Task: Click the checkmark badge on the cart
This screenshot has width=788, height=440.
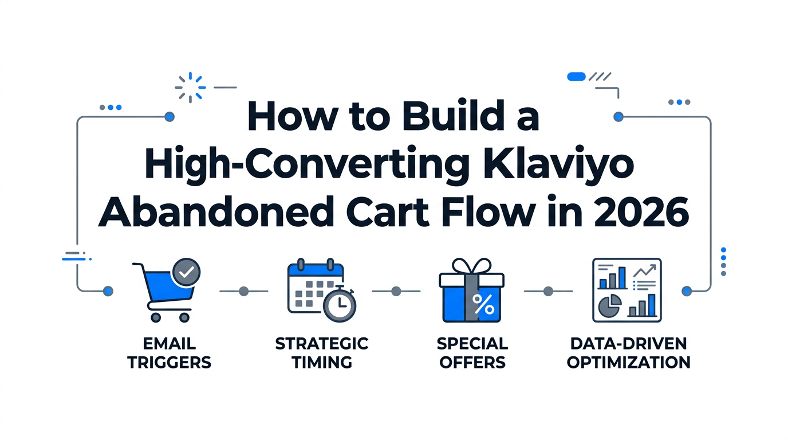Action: tap(186, 273)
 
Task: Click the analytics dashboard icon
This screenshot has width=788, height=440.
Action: tap(627, 290)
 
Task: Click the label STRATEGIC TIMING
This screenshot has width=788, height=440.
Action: tap(321, 353)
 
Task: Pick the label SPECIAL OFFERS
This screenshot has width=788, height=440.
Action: tap(472, 353)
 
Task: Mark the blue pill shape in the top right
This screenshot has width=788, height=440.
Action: tap(575, 76)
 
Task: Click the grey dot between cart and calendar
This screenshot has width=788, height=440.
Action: tap(243, 291)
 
